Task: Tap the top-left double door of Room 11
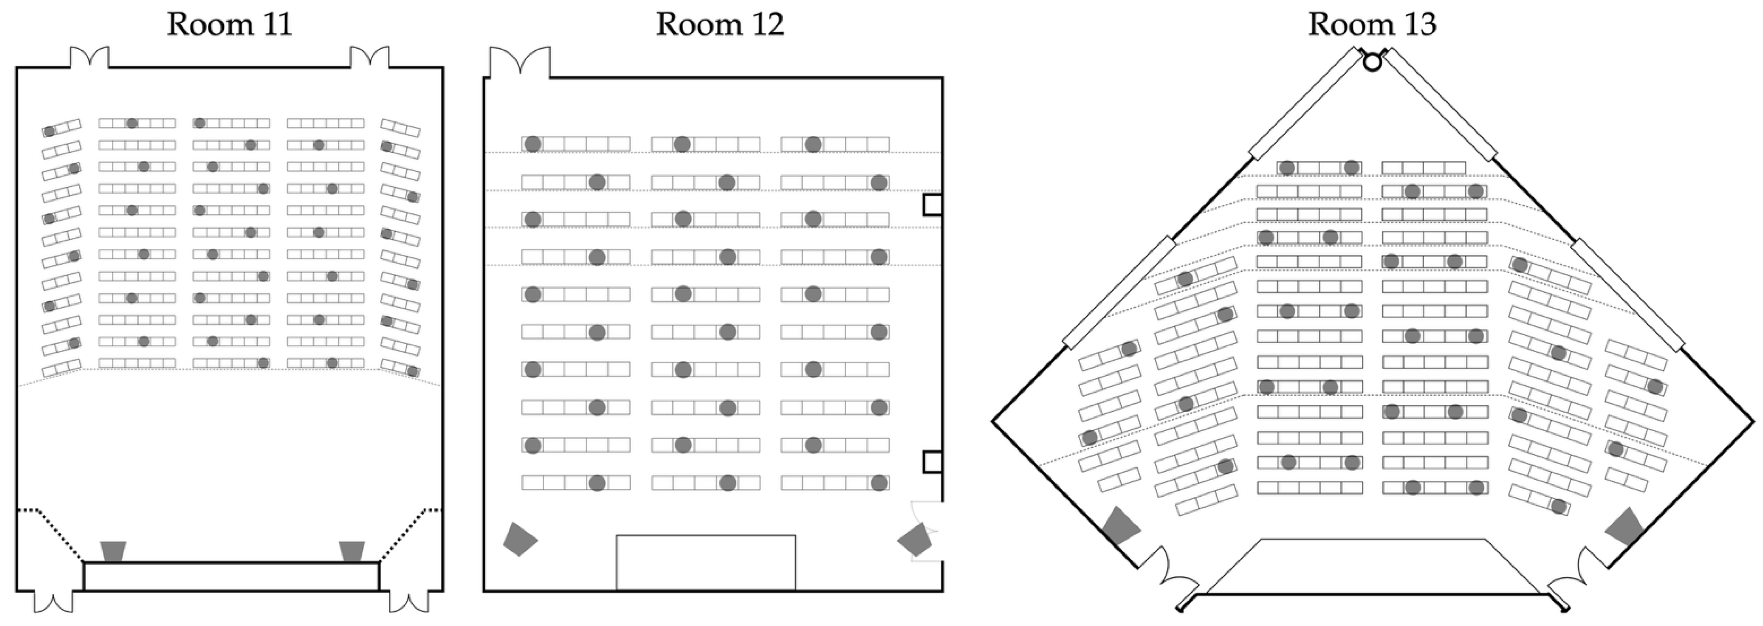point(89,58)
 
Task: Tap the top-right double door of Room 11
point(370,58)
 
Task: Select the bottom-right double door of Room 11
point(409,602)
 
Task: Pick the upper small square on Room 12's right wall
point(932,205)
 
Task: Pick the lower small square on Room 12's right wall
point(932,462)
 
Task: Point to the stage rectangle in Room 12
point(706,562)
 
